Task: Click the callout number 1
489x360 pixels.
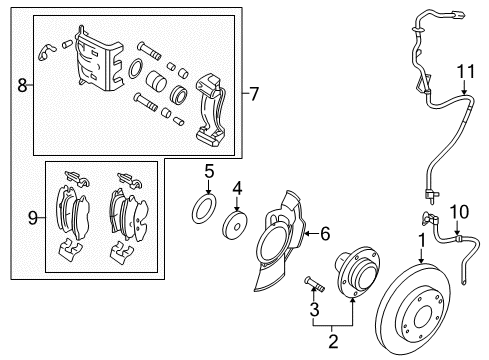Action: [422, 241]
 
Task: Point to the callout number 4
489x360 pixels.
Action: [237, 187]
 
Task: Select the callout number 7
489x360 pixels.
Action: [254, 95]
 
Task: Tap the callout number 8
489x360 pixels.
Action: [22, 86]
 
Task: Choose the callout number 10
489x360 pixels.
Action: [461, 239]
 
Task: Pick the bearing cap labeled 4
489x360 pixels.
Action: [238, 223]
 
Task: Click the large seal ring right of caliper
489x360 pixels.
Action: [136, 69]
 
